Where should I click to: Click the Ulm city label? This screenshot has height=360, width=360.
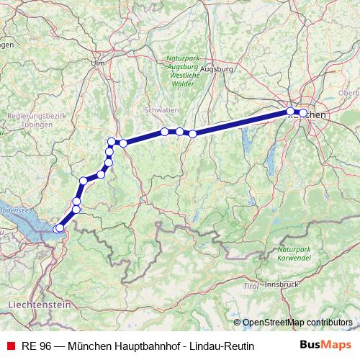(98, 63)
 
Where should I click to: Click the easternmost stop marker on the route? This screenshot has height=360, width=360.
(303, 113)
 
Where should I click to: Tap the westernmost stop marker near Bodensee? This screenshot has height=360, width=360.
(58, 229)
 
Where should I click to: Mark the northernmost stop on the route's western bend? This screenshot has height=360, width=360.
(112, 141)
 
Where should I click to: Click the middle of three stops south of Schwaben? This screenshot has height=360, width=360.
(179, 132)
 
